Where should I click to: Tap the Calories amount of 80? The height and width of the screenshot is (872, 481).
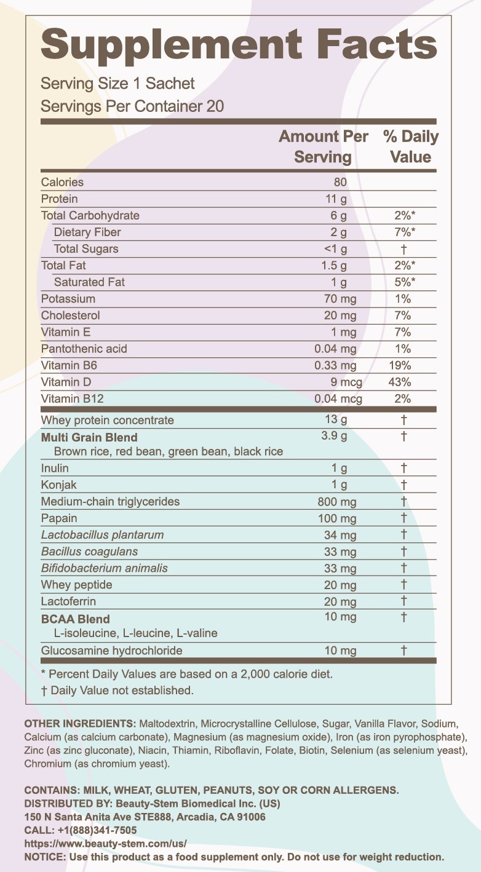340,182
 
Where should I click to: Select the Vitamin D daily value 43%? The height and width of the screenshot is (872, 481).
400,382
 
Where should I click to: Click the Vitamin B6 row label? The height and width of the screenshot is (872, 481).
69,365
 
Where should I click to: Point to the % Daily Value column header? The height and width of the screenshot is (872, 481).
411,147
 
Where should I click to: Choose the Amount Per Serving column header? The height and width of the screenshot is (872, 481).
324,147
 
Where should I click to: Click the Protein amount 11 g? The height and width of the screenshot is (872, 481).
336,199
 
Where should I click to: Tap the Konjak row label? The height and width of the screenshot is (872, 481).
59,485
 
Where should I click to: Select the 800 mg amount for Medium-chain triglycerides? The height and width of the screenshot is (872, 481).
337,502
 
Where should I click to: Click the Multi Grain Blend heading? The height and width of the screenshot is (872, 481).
89,437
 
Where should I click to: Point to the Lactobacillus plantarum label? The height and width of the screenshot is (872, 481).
103,535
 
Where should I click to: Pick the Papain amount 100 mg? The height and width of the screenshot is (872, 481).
337,518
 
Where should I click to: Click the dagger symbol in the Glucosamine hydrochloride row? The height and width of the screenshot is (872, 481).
404,650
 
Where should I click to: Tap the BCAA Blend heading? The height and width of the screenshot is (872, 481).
76,619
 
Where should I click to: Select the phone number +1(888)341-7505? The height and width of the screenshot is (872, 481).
97,830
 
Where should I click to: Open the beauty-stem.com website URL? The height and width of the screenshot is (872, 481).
106,844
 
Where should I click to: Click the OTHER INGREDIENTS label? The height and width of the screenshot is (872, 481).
80,724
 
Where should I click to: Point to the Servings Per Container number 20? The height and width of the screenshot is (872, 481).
215,106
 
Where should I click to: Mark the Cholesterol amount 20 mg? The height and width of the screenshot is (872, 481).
340,315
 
